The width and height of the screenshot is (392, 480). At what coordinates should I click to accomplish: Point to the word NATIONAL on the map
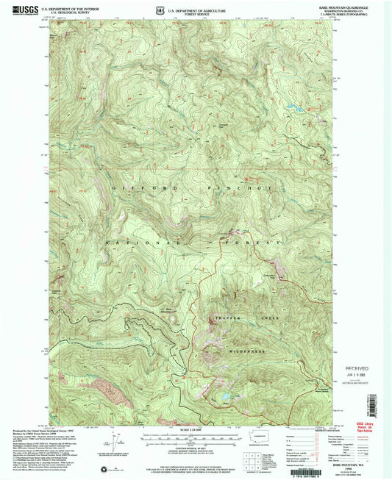[140, 242]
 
